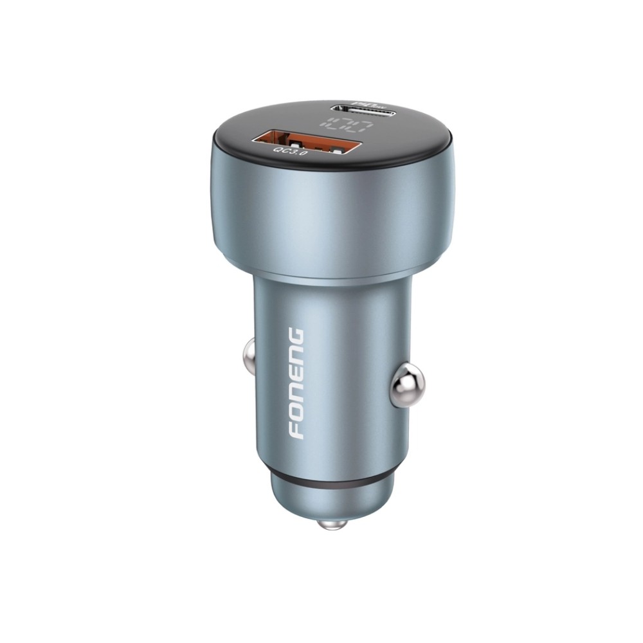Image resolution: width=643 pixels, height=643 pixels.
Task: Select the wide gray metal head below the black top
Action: tap(331, 206)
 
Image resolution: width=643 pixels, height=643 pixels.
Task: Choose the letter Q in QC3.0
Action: tap(278, 149)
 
